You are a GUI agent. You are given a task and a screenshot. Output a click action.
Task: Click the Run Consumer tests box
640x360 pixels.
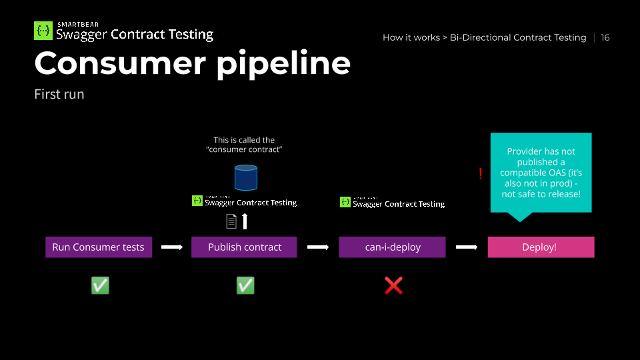click(x=99, y=247)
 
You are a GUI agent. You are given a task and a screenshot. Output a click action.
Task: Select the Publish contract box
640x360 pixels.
click(x=245, y=247)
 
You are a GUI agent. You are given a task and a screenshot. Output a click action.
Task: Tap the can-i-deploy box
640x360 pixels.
click(x=392, y=247)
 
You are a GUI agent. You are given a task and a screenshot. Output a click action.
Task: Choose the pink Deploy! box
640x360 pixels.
click(x=541, y=247)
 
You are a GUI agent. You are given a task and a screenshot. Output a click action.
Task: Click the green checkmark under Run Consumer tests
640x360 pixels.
click(x=100, y=285)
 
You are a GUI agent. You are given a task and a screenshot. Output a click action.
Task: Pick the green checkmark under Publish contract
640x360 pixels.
click(x=245, y=285)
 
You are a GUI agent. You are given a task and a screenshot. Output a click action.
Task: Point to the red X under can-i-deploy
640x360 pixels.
click(x=393, y=285)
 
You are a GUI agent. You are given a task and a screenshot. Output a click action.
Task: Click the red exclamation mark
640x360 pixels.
click(x=480, y=174)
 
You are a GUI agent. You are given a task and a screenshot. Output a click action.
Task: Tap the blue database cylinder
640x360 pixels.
click(x=245, y=177)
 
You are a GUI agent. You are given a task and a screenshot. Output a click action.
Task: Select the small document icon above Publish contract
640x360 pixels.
click(x=231, y=221)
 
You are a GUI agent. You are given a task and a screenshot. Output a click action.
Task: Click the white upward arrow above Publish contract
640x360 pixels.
click(x=245, y=221)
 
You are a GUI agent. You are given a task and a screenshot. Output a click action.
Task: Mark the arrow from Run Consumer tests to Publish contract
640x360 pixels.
click(x=172, y=247)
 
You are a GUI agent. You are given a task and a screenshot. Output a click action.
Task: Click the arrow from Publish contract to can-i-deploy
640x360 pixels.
click(x=318, y=247)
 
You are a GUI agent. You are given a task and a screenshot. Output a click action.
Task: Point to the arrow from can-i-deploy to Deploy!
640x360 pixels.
click(x=467, y=247)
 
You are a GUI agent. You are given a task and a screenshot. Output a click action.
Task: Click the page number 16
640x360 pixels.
click(x=605, y=37)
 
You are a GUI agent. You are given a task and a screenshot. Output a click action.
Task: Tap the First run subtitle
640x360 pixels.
click(x=59, y=94)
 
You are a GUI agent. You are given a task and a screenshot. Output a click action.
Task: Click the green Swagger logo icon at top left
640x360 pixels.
click(x=43, y=31)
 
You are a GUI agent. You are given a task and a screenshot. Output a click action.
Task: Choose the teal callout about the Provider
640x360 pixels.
click(x=541, y=172)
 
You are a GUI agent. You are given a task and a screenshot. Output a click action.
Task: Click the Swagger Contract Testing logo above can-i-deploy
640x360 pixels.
click(x=392, y=202)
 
